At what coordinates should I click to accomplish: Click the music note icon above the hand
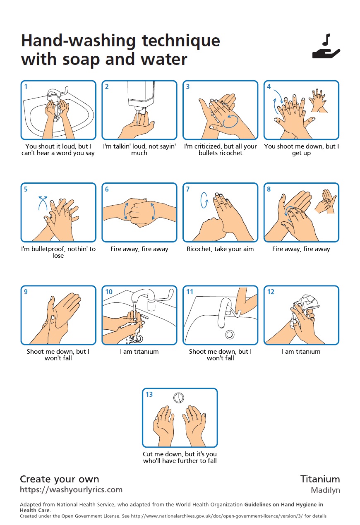tap(326, 40)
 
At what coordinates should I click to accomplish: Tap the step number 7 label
tap(188, 189)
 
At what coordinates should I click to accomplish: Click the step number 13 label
tap(149, 394)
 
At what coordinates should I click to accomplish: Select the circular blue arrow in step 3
tap(230, 121)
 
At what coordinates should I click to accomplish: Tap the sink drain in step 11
tap(230, 334)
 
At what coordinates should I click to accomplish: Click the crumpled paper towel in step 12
tap(305, 309)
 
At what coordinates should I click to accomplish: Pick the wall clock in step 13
tap(179, 398)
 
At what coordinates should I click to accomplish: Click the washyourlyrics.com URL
tap(71, 489)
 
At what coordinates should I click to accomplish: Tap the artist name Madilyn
tap(325, 490)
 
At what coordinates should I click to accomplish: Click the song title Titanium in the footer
tap(320, 479)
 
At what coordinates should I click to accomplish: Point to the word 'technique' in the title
tap(181, 41)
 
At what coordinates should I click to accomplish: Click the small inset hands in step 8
tap(326, 201)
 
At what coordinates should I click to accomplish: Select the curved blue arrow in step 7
tap(204, 200)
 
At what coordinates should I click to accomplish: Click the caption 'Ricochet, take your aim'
tap(220, 249)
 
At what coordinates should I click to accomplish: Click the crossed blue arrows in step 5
tap(43, 203)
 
